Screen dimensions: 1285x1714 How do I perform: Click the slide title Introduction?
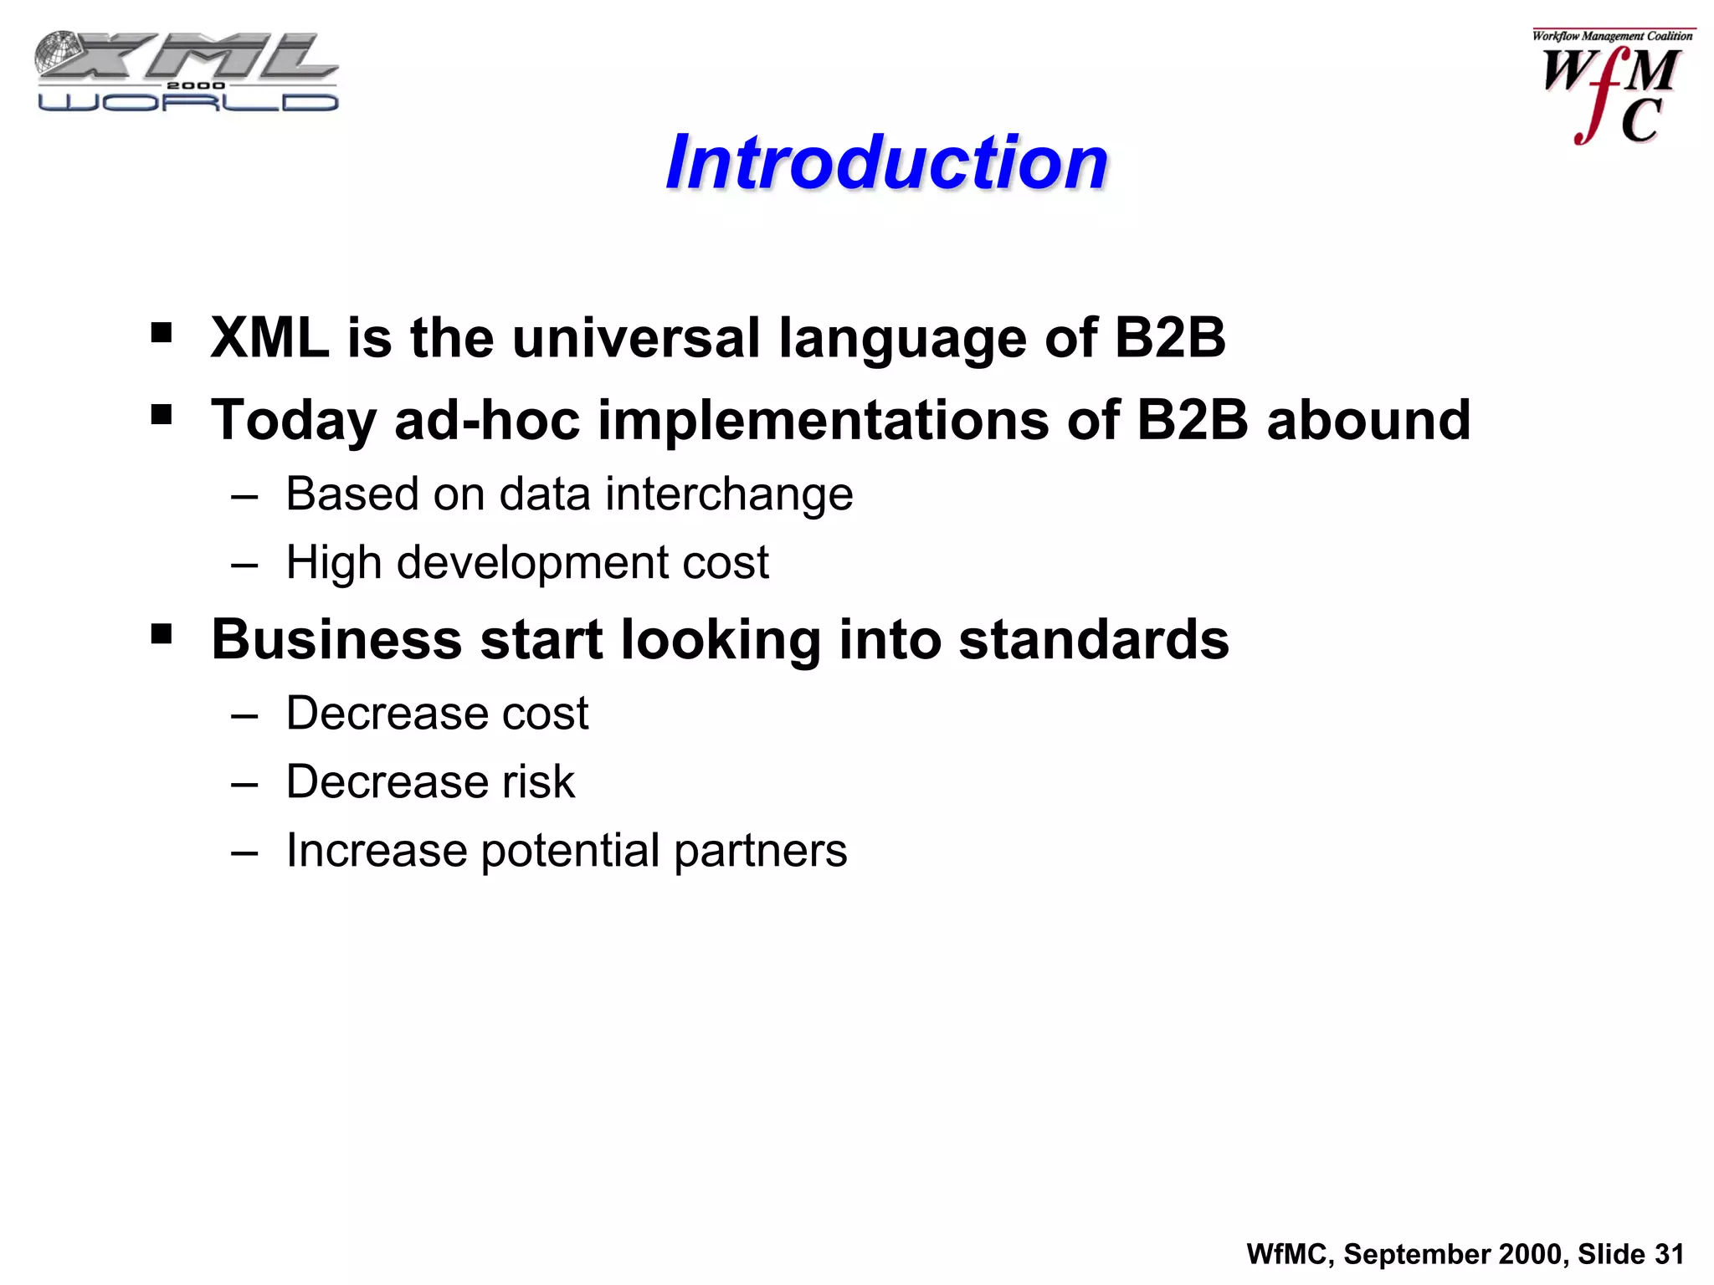(886, 162)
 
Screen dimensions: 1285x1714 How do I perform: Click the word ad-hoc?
(486, 421)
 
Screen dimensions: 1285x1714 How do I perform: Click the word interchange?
(728, 494)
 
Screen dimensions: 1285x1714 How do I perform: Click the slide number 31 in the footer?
(1669, 1254)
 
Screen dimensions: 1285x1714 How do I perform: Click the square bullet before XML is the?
(162, 333)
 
